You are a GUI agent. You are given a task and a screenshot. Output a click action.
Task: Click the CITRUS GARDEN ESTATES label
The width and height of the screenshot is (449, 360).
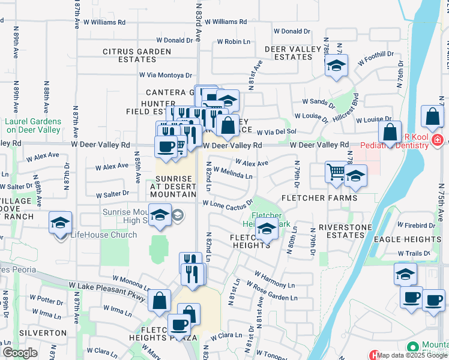[137, 55]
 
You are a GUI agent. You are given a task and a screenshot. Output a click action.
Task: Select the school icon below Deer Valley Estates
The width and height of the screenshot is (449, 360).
[336, 65]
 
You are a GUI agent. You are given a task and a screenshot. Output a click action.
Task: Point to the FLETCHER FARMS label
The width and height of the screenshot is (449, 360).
[318, 198]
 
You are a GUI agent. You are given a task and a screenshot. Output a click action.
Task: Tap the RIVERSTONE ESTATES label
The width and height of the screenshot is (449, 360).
[341, 231]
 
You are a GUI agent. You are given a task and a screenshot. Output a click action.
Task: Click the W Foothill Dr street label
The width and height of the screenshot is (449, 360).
[375, 58]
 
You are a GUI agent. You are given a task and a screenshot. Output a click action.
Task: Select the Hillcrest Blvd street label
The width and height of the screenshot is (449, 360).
[345, 107]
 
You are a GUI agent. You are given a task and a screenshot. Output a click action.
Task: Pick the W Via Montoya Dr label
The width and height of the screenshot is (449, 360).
[165, 75]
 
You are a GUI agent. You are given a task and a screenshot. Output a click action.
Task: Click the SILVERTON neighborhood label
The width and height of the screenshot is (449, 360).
[42, 332]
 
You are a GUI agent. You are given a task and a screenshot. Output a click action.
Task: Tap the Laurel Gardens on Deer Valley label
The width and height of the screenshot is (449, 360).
[32, 125]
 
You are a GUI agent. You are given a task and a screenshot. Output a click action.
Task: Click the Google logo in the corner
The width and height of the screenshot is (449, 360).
[20, 353]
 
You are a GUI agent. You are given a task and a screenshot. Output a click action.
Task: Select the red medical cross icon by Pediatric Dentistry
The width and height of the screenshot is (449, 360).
[437, 140]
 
